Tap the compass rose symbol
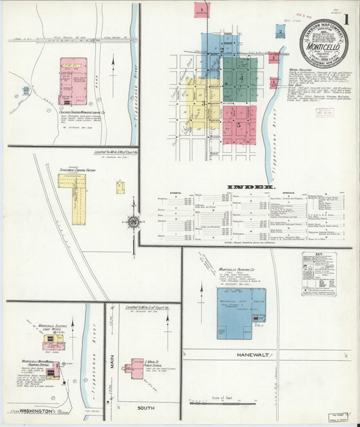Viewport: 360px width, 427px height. pyautogui.click(x=134, y=222)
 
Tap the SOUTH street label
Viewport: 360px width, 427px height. pyautogui.click(x=145, y=409)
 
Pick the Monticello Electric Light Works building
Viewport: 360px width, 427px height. pyautogui.click(x=54, y=342)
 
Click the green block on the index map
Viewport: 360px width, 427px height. pyautogui.click(x=239, y=80)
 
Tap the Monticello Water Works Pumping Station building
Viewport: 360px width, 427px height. pyautogui.click(x=52, y=370)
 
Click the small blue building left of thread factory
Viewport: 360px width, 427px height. pyautogui.click(x=26, y=90)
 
